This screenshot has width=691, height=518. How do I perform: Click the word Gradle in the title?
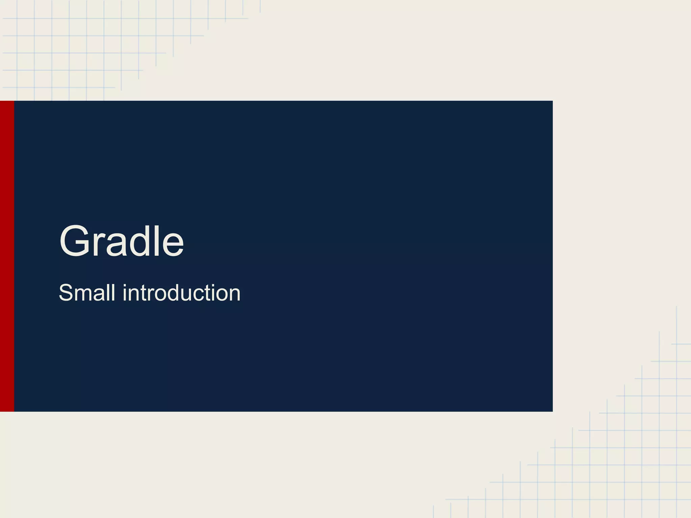(121, 241)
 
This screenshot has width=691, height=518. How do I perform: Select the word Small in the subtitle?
(87, 293)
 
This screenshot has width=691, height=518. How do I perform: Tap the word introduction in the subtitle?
(182, 293)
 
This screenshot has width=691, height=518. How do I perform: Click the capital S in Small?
(66, 293)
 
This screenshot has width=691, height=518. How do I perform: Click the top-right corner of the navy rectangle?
(552, 101)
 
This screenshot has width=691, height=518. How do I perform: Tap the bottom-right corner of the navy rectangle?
(552, 411)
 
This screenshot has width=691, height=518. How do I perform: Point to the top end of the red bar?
(7, 102)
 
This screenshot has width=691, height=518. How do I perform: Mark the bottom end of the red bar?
(7, 411)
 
